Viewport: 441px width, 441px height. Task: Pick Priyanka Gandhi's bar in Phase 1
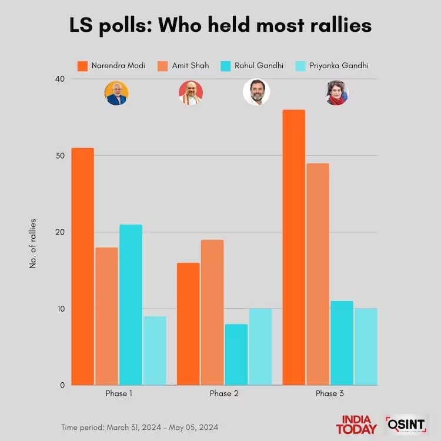[155, 350]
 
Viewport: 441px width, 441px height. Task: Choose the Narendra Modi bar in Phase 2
[188, 324]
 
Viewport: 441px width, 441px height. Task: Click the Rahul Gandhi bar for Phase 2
[236, 355]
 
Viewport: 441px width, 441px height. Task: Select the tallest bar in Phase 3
[293, 248]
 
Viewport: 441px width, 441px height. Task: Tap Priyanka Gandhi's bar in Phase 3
[365, 347]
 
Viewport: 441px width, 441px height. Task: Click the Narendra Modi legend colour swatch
[83, 65]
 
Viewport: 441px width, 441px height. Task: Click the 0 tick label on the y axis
[61, 385]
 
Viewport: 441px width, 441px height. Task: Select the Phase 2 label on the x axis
[224, 393]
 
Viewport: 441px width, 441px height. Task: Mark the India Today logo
[356, 424]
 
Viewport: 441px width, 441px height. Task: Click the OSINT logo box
[407, 424]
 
